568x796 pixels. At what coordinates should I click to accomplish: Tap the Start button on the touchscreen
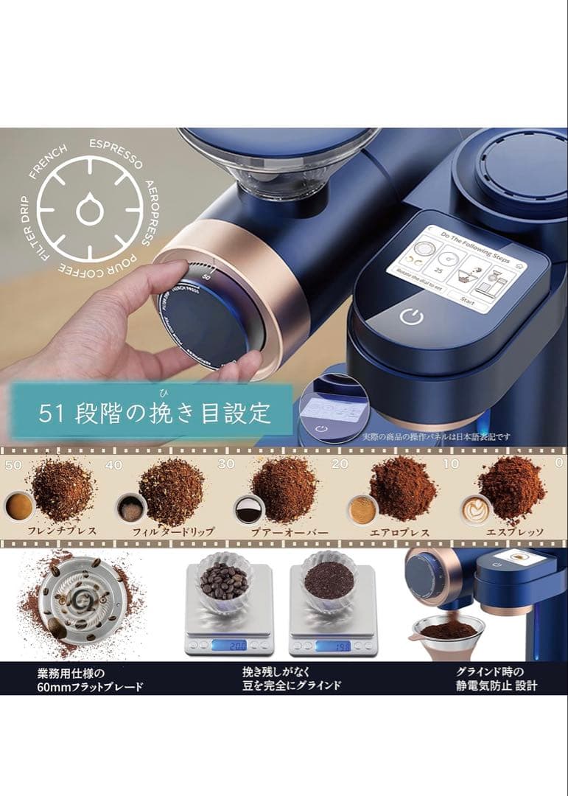[468, 300]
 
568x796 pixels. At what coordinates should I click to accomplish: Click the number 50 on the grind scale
[13, 465]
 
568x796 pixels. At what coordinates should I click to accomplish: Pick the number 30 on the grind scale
[226, 465]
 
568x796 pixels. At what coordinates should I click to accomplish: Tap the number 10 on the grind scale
[451, 464]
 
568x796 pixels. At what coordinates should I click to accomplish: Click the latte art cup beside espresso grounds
[476, 509]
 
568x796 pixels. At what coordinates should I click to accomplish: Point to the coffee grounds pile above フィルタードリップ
[171, 491]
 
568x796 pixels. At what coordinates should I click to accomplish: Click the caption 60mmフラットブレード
[90, 687]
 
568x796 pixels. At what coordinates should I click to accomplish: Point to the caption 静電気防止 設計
[497, 685]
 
